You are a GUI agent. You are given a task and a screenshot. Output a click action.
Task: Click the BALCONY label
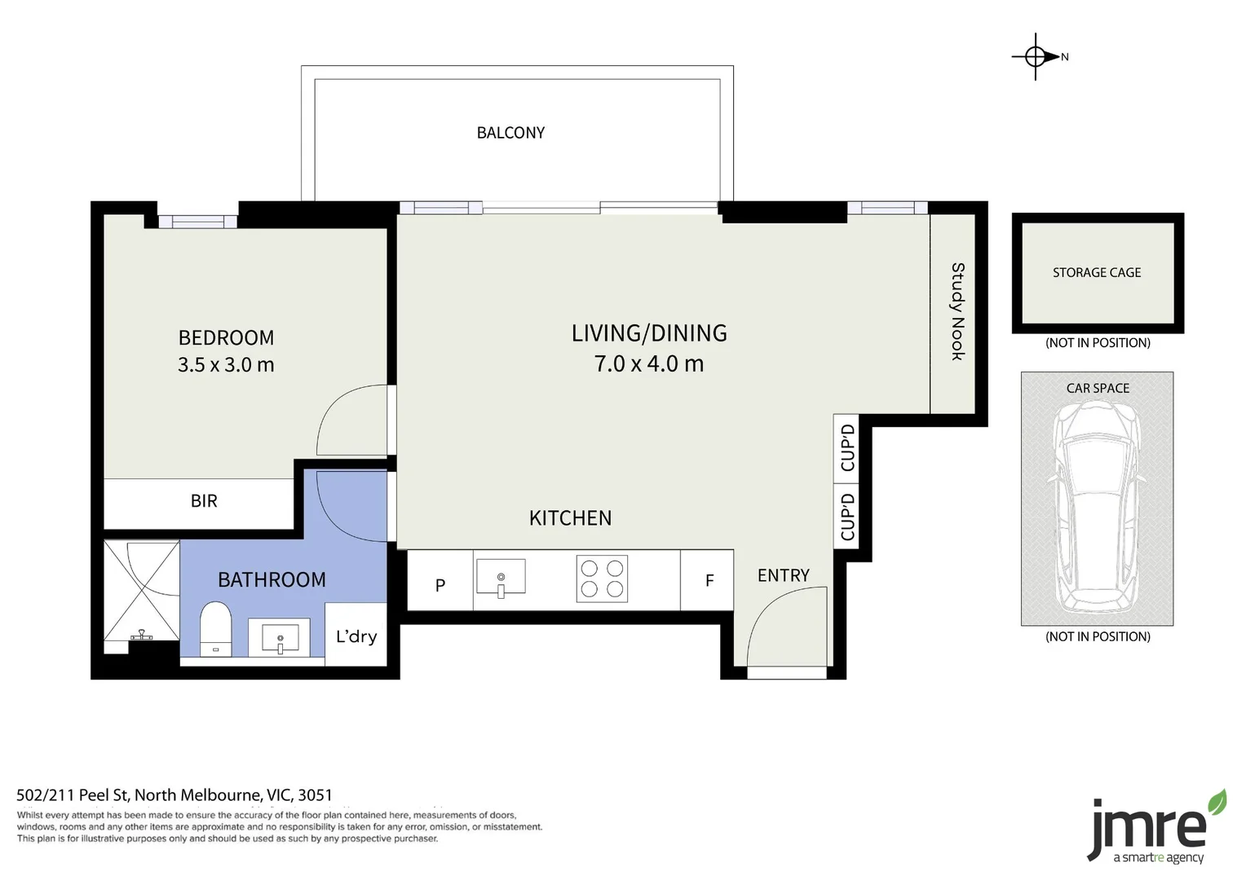click(x=510, y=133)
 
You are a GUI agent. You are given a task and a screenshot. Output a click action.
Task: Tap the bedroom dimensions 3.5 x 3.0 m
click(x=226, y=364)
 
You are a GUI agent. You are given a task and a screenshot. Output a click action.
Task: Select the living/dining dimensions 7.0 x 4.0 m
click(x=648, y=363)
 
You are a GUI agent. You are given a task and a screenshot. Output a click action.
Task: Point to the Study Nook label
click(x=957, y=311)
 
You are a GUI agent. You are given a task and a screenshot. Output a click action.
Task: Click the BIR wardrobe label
click(x=204, y=501)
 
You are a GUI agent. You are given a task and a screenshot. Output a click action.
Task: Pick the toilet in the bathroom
click(x=215, y=628)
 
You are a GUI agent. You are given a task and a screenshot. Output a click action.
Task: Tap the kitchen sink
click(x=500, y=578)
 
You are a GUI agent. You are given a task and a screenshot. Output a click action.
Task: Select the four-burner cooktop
click(x=602, y=579)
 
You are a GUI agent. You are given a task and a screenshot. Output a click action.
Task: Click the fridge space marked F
click(x=709, y=581)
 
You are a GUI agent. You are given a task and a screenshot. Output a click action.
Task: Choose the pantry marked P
click(x=440, y=584)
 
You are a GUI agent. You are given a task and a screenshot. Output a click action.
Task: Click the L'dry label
click(x=356, y=636)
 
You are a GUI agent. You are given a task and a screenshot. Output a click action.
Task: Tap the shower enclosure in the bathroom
click(x=142, y=590)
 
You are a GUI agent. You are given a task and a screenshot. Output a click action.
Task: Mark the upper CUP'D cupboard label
click(x=847, y=447)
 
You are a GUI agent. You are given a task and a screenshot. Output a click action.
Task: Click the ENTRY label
click(x=783, y=575)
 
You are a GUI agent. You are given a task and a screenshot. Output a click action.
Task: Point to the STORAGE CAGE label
click(x=1096, y=273)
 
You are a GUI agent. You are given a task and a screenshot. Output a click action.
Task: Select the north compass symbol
click(x=1037, y=57)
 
